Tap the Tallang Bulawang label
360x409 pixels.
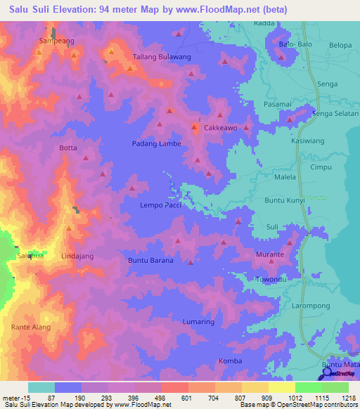click(162, 57)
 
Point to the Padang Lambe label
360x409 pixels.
click(156, 144)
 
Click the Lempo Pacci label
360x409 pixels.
click(162, 204)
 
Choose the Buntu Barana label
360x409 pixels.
click(150, 261)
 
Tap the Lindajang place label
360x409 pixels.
click(77, 257)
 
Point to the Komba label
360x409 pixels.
click(230, 361)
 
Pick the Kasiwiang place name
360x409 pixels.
click(307, 141)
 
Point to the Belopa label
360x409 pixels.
click(340, 45)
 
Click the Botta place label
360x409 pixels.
click(68, 148)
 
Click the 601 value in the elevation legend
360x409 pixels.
click(187, 397)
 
